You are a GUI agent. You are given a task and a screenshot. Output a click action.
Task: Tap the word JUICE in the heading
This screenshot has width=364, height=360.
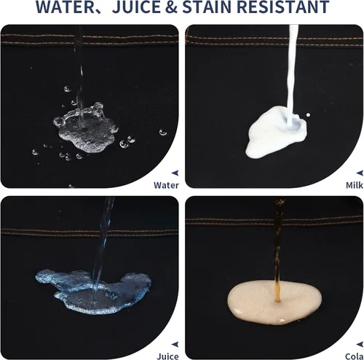(137, 7)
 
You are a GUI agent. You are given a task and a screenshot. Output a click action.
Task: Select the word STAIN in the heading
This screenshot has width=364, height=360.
(207, 7)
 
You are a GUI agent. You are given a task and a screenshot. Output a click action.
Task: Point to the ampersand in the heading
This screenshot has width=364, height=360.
(173, 7)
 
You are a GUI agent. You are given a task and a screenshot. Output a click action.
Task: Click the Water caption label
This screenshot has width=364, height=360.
(166, 185)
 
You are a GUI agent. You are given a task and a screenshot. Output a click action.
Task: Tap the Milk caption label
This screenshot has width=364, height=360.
(355, 185)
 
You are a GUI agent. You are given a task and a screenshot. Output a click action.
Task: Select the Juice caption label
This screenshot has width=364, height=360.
(167, 356)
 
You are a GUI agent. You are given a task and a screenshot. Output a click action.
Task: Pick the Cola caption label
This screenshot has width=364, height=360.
(355, 356)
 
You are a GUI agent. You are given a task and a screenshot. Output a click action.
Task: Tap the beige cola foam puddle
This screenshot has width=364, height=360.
(274, 302)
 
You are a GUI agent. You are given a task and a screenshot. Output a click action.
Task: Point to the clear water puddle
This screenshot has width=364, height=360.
(85, 130)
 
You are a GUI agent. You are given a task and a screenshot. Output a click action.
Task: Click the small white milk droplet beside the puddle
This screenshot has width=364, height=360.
(308, 114)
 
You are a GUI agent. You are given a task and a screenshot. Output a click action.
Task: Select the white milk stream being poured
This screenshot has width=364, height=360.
(292, 73)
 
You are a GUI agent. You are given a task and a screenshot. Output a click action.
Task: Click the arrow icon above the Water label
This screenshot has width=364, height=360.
(175, 173)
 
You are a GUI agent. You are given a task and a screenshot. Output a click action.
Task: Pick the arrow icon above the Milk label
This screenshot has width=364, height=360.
(360, 173)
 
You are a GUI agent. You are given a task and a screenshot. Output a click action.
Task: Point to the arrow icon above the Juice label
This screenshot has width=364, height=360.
(175, 344)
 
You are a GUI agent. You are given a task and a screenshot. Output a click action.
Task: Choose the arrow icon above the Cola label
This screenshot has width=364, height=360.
(360, 344)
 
